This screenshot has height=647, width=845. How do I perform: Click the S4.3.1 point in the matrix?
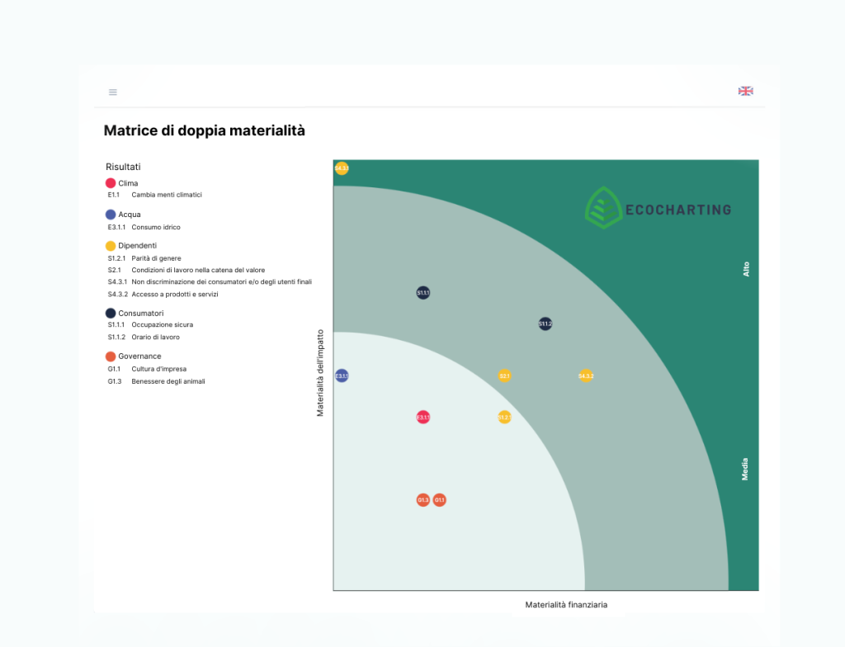342,168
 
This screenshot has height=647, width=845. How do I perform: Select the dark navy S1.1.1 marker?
422,292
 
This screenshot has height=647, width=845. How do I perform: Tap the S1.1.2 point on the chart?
545,323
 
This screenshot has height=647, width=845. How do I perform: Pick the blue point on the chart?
342,375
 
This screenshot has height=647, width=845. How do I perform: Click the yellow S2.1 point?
505,375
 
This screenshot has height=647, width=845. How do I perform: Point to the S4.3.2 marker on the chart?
586,375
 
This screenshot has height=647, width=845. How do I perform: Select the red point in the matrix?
422,417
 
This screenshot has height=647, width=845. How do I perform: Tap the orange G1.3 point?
422,499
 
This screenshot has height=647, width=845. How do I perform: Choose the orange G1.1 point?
440,499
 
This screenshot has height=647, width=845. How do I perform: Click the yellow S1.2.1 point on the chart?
504,417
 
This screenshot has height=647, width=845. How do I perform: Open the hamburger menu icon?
113,92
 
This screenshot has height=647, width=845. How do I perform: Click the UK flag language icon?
745,91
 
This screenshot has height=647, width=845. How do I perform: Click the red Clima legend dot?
111,183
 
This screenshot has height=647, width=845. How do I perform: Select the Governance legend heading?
139,357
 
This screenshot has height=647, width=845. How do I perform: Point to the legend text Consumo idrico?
156,227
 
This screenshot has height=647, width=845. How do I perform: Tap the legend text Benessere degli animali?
168,381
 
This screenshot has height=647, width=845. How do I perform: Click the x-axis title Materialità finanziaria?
566,605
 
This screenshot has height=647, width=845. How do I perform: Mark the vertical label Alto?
746,268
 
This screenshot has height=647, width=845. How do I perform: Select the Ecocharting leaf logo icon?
603,207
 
